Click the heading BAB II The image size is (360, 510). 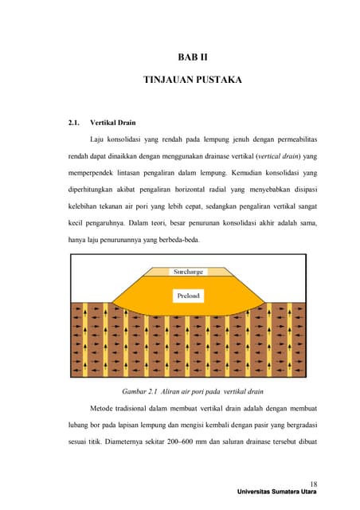click(x=192, y=57)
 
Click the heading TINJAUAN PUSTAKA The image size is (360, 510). click(x=192, y=80)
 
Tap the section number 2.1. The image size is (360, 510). click(x=76, y=124)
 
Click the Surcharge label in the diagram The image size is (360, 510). click(x=189, y=273)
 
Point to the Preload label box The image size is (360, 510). click(x=189, y=296)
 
